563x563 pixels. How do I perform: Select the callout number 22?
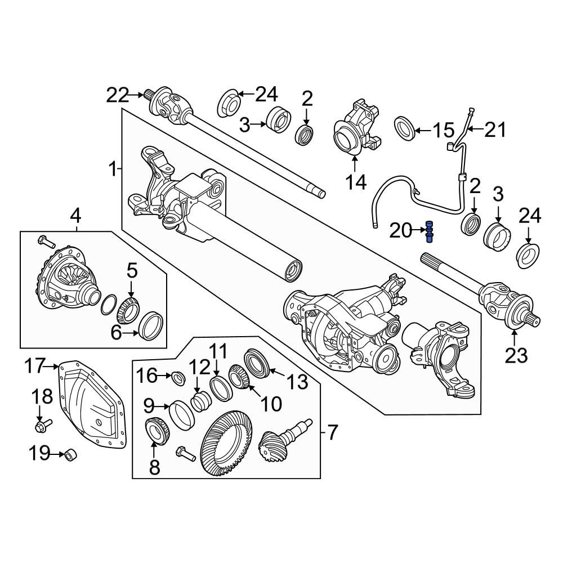[118, 95]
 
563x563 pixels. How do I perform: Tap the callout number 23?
[516, 355]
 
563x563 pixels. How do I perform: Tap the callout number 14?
[356, 181]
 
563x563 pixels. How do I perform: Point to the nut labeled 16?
[177, 377]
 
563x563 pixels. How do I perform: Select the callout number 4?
[75, 215]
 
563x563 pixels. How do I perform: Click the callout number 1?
[112, 168]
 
